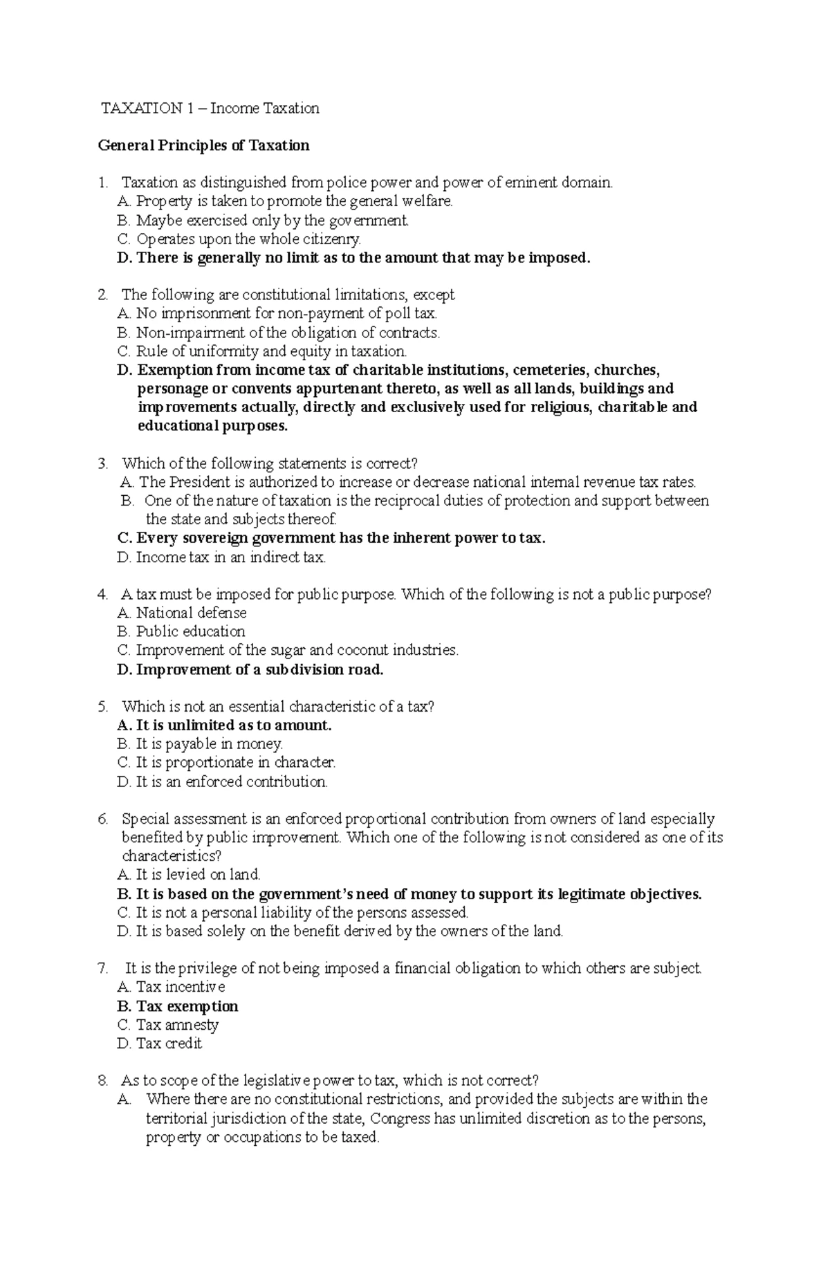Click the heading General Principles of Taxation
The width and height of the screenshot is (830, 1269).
tap(203, 145)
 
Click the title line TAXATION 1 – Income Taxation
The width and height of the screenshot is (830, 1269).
tap(210, 108)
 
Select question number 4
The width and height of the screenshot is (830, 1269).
tap(103, 595)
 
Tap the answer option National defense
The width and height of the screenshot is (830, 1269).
tap(183, 613)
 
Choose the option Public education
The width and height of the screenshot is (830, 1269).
tap(182, 632)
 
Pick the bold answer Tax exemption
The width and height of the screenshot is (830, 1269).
tap(178, 1007)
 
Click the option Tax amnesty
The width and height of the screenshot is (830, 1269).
tap(168, 1026)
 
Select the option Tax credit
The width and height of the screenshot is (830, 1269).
tap(160, 1044)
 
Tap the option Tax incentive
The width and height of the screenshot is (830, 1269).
tap(172, 988)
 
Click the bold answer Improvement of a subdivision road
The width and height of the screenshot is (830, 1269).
tap(250, 669)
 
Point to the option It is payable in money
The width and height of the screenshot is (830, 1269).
tap(201, 745)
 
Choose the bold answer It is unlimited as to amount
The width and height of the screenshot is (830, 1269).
tap(225, 726)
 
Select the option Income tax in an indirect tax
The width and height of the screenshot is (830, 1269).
tap(221, 557)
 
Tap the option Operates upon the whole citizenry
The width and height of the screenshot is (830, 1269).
tap(239, 239)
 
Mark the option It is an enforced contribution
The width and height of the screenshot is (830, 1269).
tap(223, 782)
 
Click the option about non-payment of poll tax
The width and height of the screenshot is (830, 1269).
tap(277, 314)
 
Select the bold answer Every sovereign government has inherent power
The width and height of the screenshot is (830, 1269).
tap(332, 538)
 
